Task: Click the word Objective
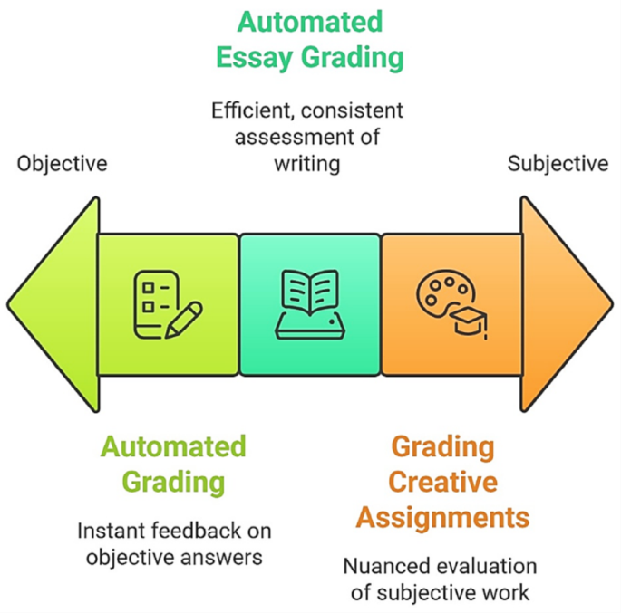(x=62, y=164)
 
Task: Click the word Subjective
(x=558, y=164)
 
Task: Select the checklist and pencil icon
(x=167, y=305)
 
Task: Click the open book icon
(x=310, y=305)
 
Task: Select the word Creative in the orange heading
(x=442, y=481)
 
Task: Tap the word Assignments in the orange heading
(x=442, y=517)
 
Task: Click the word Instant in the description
(x=111, y=531)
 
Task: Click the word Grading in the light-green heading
(x=173, y=482)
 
